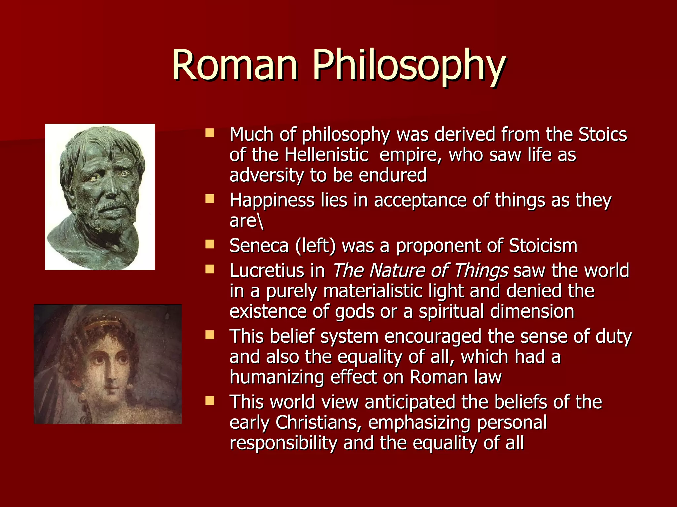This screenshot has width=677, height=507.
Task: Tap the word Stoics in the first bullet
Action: click(x=602, y=134)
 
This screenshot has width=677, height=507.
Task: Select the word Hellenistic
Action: click(x=326, y=155)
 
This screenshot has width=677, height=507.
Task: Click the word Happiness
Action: click(x=272, y=201)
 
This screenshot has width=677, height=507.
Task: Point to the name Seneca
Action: click(x=259, y=246)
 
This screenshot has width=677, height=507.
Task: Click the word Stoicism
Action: click(x=543, y=246)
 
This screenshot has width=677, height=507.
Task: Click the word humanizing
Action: click(x=276, y=377)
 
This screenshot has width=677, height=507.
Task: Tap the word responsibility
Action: click(x=283, y=443)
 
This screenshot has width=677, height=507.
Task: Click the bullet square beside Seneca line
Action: click(x=210, y=244)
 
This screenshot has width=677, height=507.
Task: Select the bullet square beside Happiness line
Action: click(x=210, y=199)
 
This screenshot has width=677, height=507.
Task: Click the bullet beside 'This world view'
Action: click(x=210, y=401)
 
